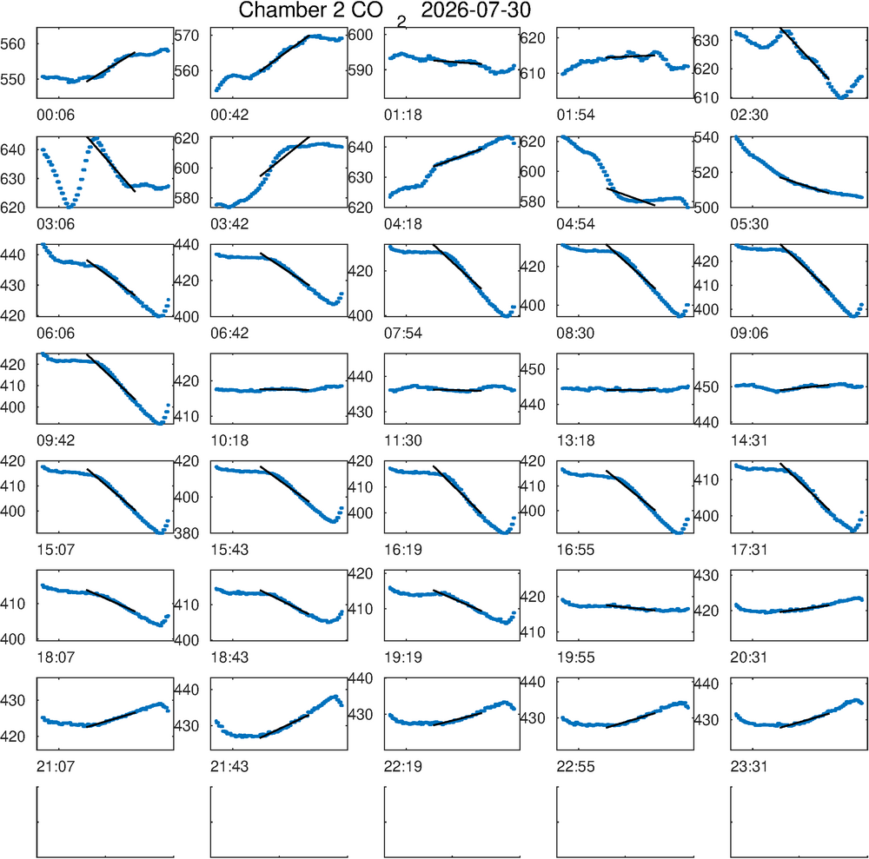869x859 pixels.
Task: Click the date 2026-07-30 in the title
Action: [x=475, y=10]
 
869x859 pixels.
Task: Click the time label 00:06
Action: [x=56, y=116]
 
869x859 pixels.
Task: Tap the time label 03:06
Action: [x=56, y=224]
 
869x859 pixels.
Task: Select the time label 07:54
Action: [x=403, y=334]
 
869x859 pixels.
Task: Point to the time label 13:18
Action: [x=576, y=441]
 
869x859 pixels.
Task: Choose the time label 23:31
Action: [x=749, y=767]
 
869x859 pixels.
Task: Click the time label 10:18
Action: [x=229, y=441]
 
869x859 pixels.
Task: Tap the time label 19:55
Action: [x=576, y=657]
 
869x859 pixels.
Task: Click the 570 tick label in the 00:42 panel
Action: [x=186, y=36]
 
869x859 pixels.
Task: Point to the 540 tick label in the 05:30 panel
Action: [x=706, y=137]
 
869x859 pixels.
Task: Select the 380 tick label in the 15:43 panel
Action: [x=186, y=533]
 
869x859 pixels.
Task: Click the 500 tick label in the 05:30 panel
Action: [x=706, y=208]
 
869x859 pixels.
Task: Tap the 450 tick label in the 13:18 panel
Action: [x=532, y=369]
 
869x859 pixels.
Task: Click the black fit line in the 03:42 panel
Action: [x=285, y=156]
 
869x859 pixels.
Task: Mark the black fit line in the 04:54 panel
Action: [x=631, y=196]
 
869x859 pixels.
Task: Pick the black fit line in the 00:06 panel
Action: [x=111, y=67]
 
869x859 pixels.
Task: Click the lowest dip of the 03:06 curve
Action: [x=70, y=207]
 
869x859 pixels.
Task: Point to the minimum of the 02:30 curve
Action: [x=842, y=97]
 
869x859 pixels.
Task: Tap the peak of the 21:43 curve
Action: [x=335, y=697]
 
